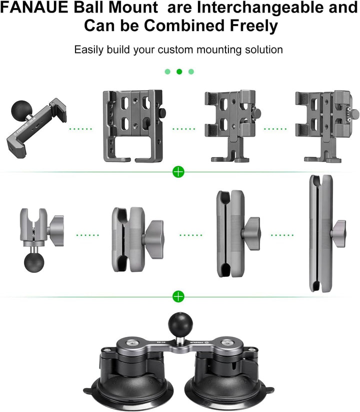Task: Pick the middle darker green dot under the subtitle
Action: [x=179, y=72]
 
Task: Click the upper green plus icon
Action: [x=178, y=173]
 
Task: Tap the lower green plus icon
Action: [x=178, y=296]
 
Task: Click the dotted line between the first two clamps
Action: [x=80, y=129]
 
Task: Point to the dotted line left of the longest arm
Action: [x=283, y=234]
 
